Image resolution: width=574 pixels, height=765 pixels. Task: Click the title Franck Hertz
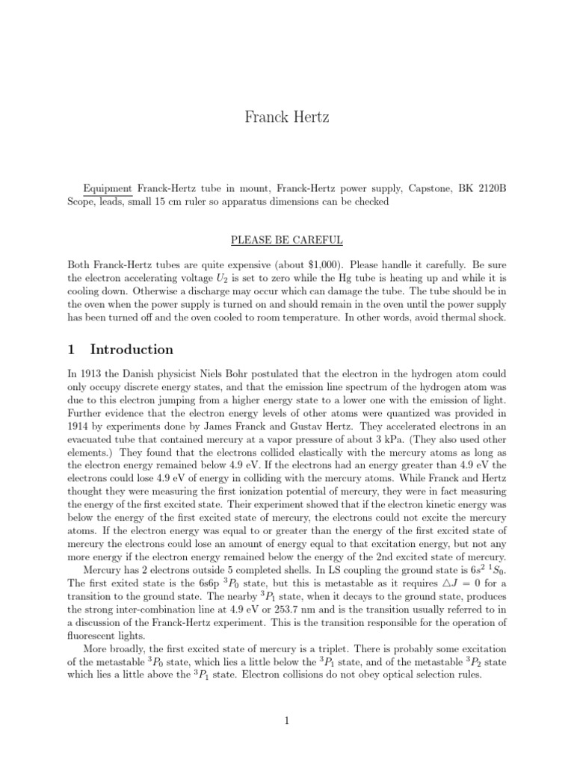tap(286, 117)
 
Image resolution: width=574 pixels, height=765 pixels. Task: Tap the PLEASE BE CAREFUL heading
tap(286, 240)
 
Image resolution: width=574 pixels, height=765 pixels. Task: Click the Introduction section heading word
tap(132, 350)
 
